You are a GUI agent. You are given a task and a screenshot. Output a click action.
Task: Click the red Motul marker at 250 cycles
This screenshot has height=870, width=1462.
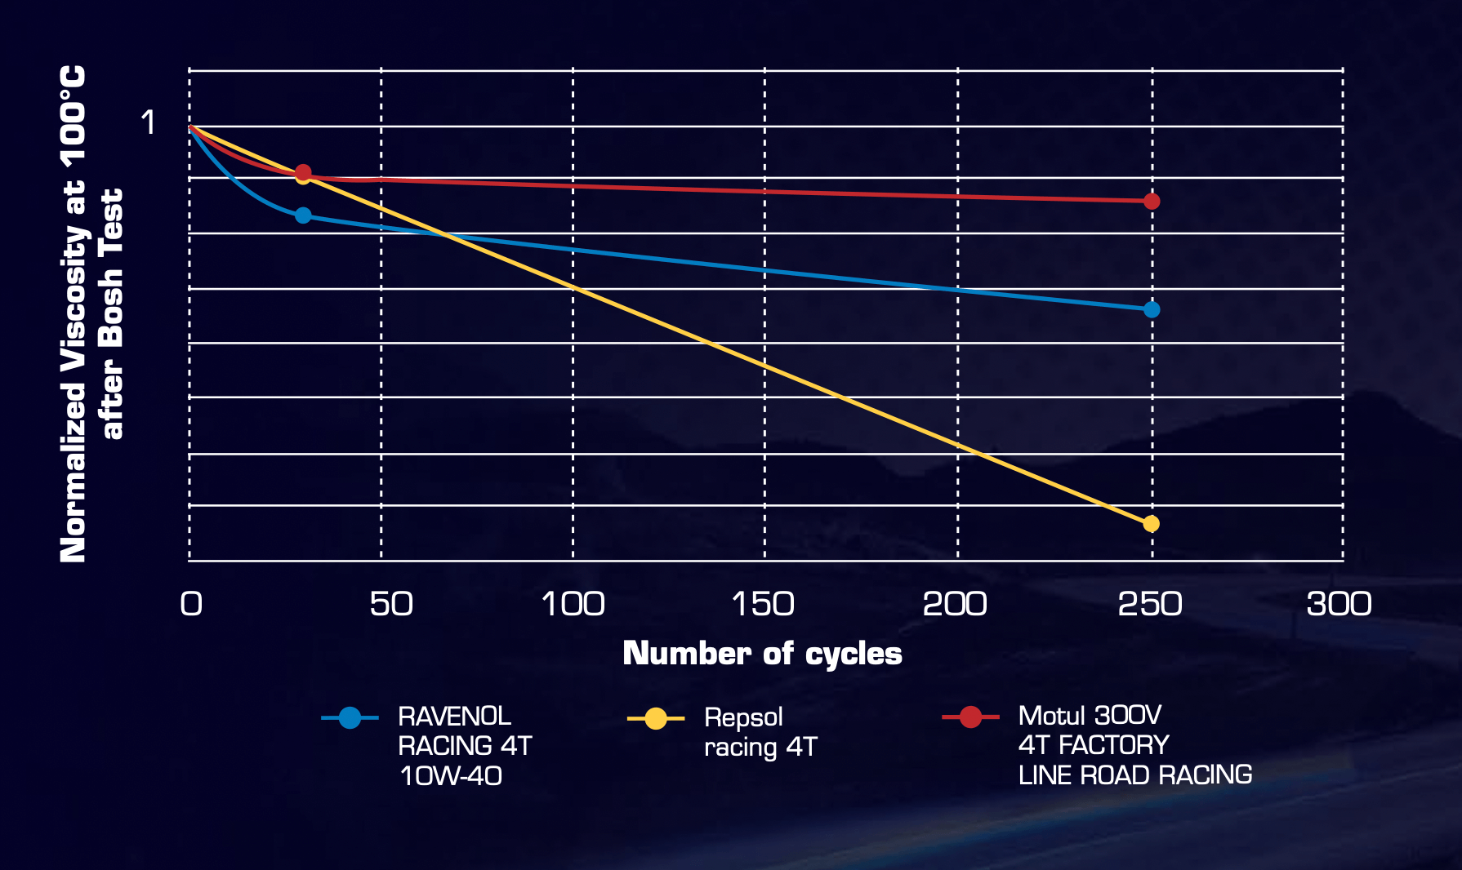pyautogui.click(x=1152, y=201)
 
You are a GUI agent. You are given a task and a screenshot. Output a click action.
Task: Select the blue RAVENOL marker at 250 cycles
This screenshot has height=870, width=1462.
pyautogui.click(x=1152, y=309)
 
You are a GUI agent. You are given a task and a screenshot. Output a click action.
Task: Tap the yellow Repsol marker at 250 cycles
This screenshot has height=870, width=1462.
pyautogui.click(x=1151, y=523)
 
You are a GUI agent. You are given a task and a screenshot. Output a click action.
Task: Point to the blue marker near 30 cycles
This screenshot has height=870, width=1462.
pyautogui.click(x=303, y=215)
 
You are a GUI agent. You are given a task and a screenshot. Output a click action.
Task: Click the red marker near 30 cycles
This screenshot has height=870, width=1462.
pyautogui.click(x=303, y=172)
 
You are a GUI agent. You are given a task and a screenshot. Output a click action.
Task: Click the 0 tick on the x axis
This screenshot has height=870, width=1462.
pyautogui.click(x=191, y=604)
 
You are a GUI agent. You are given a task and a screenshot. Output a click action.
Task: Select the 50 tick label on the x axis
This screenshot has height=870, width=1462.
pyautogui.click(x=391, y=604)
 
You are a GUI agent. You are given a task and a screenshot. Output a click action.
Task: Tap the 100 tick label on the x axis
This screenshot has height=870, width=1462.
pyautogui.click(x=573, y=604)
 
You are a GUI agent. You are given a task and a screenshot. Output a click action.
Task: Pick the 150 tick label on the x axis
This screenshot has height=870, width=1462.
pyautogui.click(x=763, y=604)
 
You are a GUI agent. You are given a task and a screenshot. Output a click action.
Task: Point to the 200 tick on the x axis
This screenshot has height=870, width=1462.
pyautogui.click(x=955, y=604)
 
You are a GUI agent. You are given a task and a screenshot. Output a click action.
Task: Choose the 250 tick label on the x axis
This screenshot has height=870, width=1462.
pyautogui.click(x=1150, y=604)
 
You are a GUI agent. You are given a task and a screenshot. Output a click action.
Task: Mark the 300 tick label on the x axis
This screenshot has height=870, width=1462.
pyautogui.click(x=1339, y=604)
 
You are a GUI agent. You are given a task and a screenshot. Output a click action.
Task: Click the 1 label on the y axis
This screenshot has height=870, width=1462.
pyautogui.click(x=148, y=122)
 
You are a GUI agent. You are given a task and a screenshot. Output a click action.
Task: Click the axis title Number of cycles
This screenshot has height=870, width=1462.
pyautogui.click(x=762, y=653)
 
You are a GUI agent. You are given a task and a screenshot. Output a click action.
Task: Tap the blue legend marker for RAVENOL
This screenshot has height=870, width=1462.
pyautogui.click(x=350, y=718)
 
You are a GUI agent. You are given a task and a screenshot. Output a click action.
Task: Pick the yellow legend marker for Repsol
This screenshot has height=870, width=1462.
pyautogui.click(x=656, y=719)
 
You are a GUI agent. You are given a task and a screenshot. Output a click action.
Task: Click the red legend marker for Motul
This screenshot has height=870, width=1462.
pyautogui.click(x=970, y=717)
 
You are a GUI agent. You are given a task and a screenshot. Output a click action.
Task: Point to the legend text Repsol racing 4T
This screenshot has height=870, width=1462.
pyautogui.click(x=760, y=732)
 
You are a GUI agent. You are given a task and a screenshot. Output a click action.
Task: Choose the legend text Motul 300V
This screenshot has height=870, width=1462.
pyautogui.click(x=1090, y=716)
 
